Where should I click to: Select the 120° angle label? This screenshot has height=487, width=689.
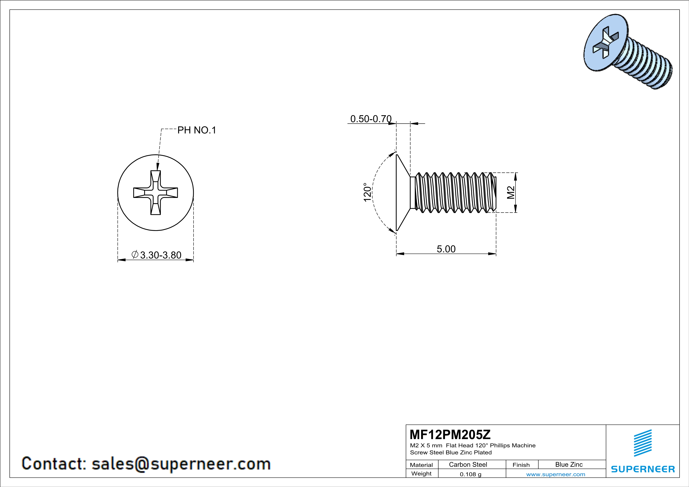pos(367,192)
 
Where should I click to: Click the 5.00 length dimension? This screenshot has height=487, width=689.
pos(446,249)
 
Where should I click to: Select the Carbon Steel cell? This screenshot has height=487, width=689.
pos(468,464)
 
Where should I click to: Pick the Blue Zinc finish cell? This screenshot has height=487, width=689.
pos(569,464)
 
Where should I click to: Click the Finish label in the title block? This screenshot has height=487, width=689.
pos(521,465)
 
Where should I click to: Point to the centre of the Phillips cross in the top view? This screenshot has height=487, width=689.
pos(155,192)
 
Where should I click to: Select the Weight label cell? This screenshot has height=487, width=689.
pos(421,473)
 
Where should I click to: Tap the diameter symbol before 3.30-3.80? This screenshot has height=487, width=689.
pos(135,255)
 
